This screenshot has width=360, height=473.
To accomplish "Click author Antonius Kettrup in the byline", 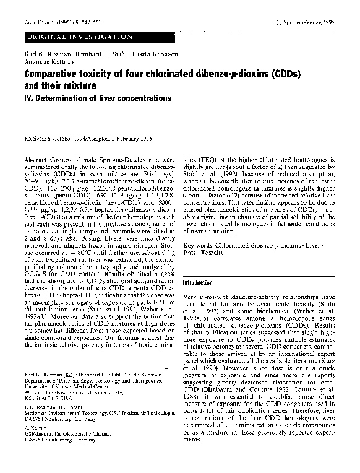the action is pos(46,65).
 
